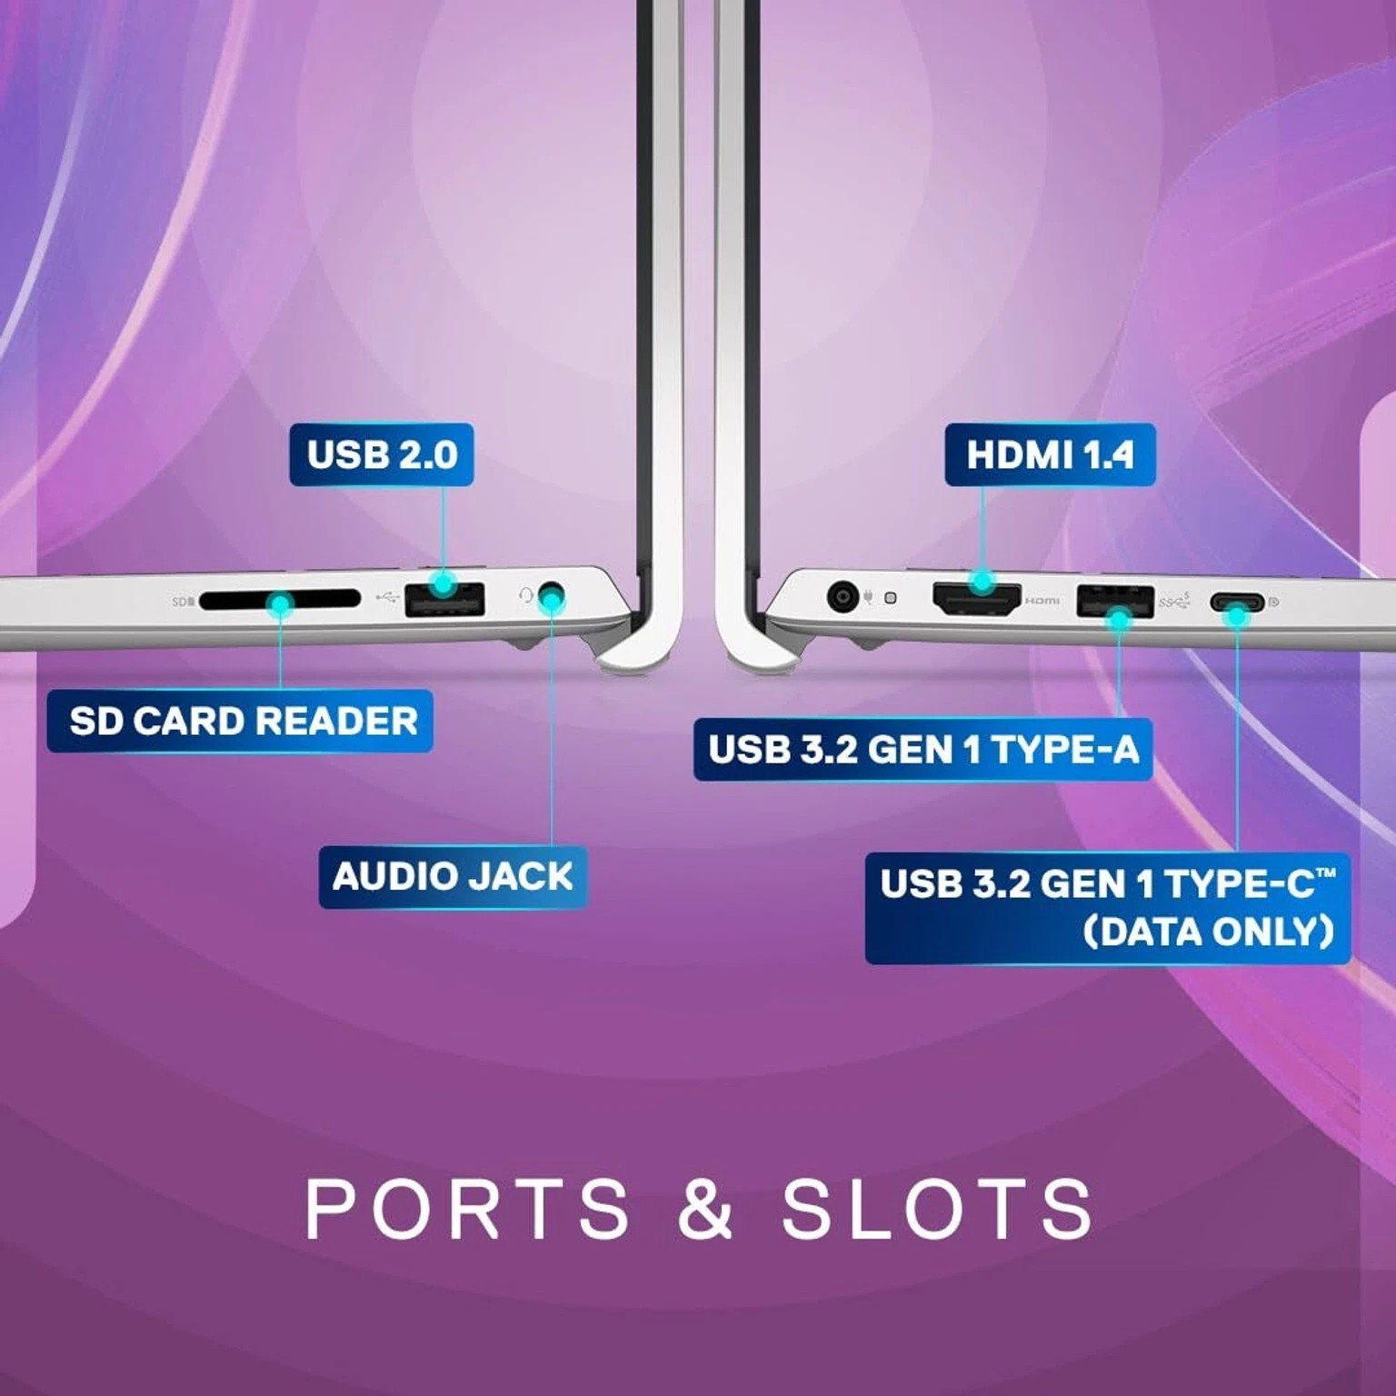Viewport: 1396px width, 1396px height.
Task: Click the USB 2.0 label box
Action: (382, 454)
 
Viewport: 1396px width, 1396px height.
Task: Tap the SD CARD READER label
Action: (240, 721)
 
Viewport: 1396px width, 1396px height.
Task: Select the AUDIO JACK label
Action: (453, 876)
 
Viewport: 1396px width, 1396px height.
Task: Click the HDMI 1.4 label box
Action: (1050, 454)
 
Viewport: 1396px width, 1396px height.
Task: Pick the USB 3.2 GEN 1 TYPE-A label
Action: (922, 750)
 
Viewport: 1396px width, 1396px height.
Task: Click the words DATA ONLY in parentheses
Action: (1209, 932)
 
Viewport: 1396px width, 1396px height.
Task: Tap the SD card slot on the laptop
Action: (279, 601)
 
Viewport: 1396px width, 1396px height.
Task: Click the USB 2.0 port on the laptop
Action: (444, 600)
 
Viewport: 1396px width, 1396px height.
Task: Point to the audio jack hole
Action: (552, 596)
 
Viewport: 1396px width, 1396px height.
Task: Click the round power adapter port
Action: (843, 597)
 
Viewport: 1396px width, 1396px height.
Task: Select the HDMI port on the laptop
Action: (977, 599)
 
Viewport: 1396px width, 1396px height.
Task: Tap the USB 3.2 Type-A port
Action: (1115, 601)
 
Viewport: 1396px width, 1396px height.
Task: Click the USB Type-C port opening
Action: (1236, 602)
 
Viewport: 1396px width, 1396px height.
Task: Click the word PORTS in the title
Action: (466, 1208)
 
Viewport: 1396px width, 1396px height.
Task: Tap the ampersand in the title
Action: (705, 1208)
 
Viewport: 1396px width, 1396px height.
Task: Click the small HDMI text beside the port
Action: (1042, 601)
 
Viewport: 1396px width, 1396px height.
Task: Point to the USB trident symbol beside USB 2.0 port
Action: (387, 597)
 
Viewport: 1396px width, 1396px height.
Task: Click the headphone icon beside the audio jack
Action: (526, 595)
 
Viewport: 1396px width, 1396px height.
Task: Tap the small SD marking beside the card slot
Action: (182, 602)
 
